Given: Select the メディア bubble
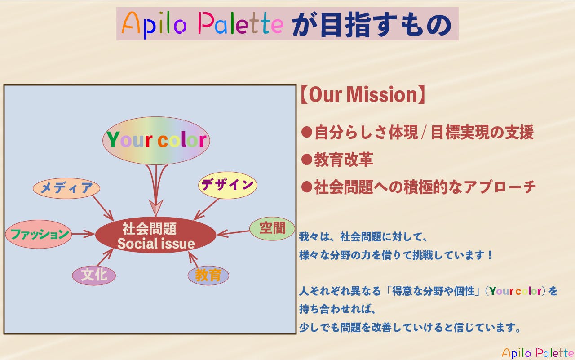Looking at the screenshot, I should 66,188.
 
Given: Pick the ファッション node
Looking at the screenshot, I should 39,234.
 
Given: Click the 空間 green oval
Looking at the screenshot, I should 272,228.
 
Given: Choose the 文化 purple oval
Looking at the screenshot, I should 94,275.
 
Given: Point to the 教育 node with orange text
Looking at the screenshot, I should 208,275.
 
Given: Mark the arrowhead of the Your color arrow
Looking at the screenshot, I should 156,208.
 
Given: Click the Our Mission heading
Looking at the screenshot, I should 362,95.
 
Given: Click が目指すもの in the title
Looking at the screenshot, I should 371,24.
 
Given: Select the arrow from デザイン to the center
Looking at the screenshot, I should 207,209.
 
